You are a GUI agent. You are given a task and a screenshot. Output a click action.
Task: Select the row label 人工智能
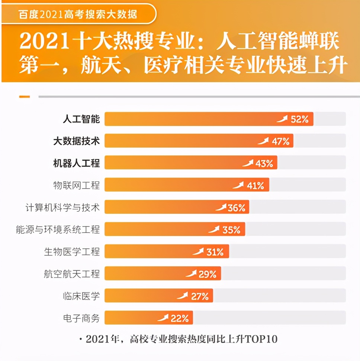point(81,119)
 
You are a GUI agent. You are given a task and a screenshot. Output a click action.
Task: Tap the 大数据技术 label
point(77,141)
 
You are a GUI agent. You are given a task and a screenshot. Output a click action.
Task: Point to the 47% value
point(280,141)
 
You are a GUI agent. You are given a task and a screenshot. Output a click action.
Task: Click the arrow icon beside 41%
point(238,185)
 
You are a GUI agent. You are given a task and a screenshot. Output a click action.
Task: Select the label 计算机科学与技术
point(62,207)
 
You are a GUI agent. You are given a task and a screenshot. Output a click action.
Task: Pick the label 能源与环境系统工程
point(58,230)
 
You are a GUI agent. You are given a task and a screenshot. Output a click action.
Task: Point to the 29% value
point(208,274)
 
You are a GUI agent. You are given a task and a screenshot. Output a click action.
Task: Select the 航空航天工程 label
point(72,274)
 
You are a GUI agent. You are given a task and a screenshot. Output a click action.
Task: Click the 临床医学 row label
point(81,296)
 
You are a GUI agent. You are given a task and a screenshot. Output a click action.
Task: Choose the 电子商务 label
point(81,318)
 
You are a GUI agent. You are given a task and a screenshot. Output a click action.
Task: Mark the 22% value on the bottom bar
point(180,318)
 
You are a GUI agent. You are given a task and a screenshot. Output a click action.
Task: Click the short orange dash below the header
point(25,97)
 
